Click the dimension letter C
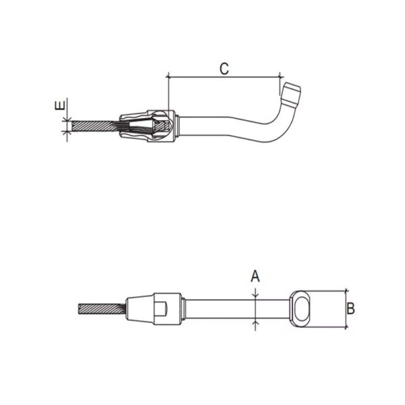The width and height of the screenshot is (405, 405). [224, 67]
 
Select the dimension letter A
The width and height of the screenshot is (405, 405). [255, 275]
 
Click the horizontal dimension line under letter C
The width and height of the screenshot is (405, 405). [223, 76]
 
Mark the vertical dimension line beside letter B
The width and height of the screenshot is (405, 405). [345, 310]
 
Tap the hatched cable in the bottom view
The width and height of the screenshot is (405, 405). [101, 310]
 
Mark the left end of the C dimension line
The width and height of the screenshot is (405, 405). [166, 76]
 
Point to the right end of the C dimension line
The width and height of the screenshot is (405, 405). [279, 76]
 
